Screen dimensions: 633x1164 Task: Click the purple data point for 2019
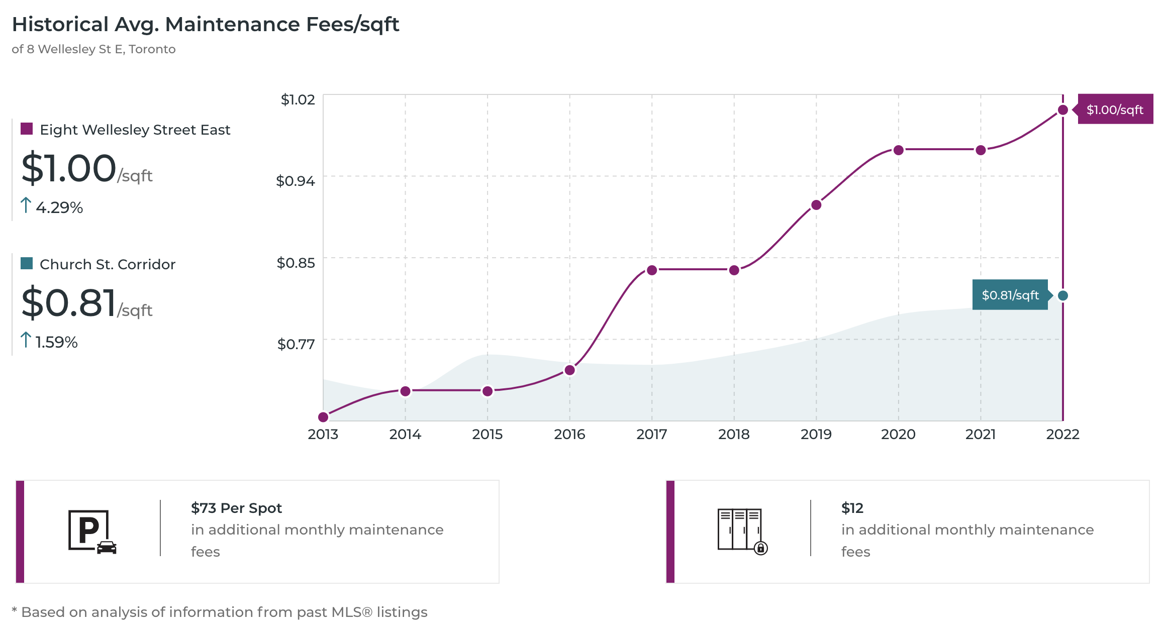816,205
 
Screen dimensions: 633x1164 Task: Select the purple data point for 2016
569,370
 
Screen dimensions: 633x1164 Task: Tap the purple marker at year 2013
324,417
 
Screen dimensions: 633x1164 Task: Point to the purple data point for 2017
652,270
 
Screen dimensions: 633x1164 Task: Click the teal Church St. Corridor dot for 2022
1062,295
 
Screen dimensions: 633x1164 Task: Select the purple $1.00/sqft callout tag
1115,110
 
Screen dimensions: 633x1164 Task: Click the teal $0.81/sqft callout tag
1010,295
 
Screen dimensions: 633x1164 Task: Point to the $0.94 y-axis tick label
296,181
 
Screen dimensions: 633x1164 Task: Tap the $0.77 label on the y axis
296,344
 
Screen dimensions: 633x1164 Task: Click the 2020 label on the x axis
898,434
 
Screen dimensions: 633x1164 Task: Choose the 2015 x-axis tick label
487,434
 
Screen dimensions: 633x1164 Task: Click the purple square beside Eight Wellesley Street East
27,129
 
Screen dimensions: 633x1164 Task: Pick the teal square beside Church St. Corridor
27,263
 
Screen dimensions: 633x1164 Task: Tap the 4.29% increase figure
59,207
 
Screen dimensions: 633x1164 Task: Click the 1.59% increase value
56,342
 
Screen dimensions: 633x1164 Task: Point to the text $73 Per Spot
236,508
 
